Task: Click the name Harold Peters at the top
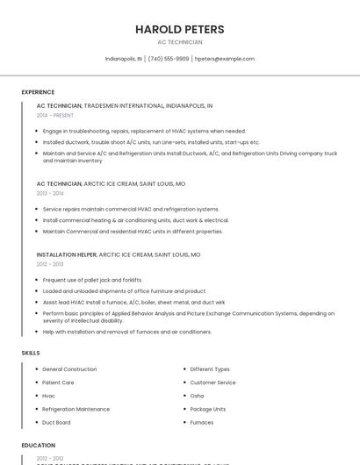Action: (179, 29)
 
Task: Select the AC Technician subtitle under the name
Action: (179, 42)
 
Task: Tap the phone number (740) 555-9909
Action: (168, 59)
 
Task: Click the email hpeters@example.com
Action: (225, 59)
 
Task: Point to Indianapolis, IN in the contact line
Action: (123, 59)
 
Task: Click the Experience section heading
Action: (38, 92)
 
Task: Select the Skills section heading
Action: (31, 353)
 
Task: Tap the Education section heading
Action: (39, 446)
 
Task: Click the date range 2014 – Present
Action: (56, 115)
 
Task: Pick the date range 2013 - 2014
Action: (50, 193)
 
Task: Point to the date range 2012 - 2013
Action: (50, 264)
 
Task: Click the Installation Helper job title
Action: (67, 254)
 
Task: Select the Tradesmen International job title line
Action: (125, 105)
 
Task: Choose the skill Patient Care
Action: (58, 383)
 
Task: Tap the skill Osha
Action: (197, 396)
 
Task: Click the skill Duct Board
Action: (56, 422)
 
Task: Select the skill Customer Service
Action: (212, 383)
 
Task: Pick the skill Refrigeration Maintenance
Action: (76, 409)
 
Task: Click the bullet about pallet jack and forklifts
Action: (91, 280)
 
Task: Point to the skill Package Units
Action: (208, 409)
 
